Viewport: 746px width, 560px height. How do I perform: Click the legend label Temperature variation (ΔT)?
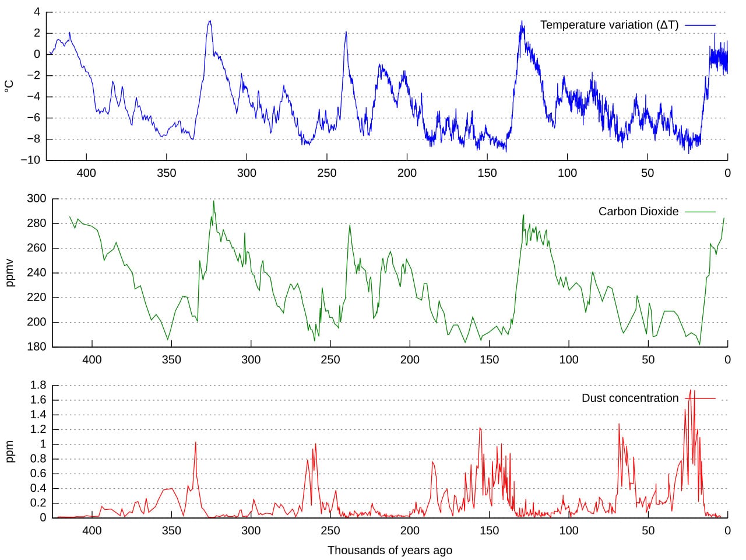(x=609, y=25)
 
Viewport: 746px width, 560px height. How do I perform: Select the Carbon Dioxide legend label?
(x=638, y=212)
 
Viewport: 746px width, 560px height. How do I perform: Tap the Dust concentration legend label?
(x=630, y=398)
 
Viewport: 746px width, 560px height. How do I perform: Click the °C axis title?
(x=9, y=86)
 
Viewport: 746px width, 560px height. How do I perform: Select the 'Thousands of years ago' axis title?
(x=389, y=550)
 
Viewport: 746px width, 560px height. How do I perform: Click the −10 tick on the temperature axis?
(x=30, y=160)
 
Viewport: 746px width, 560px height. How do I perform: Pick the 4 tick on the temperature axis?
(x=37, y=12)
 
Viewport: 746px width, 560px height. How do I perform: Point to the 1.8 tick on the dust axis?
(x=38, y=386)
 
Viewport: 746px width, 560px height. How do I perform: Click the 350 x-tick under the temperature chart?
(x=166, y=173)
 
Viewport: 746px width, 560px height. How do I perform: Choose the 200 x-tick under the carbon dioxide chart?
(x=410, y=360)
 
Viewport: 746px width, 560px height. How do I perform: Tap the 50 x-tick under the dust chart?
(x=648, y=531)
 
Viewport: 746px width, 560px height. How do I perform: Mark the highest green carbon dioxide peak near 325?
(x=213, y=202)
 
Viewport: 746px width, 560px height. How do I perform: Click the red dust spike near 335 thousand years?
(x=195, y=443)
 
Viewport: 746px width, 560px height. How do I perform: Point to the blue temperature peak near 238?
(x=346, y=32)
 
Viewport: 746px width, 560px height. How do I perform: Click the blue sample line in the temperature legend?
(x=700, y=25)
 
